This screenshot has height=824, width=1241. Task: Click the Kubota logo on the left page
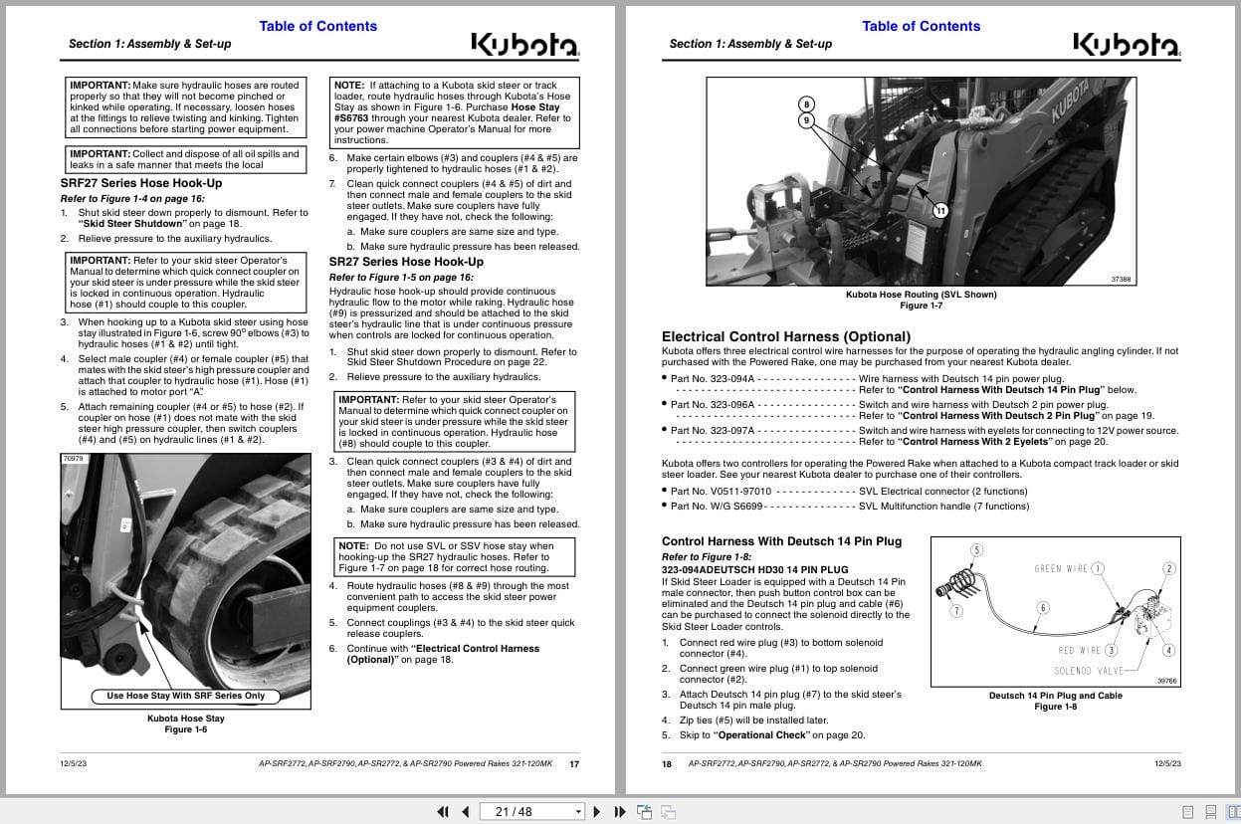click(x=523, y=45)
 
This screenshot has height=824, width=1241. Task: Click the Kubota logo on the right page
click(x=1126, y=45)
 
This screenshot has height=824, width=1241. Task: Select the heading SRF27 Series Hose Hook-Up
click(x=141, y=183)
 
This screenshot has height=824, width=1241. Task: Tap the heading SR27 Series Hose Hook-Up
click(x=406, y=262)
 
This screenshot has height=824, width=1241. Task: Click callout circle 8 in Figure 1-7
click(x=806, y=104)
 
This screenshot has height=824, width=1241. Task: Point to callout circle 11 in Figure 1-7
click(x=940, y=210)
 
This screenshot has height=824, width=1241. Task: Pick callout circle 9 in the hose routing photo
click(x=806, y=121)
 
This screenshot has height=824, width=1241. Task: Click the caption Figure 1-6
click(x=186, y=729)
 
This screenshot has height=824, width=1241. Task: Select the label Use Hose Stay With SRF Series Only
click(x=186, y=696)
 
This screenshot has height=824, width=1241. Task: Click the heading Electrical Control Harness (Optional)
click(x=786, y=336)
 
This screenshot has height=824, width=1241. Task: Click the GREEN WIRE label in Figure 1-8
click(x=1061, y=569)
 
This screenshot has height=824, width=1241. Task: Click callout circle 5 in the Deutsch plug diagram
click(x=976, y=550)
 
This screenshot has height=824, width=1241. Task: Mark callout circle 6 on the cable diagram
click(x=1043, y=608)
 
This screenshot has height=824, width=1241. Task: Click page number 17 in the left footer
click(x=574, y=764)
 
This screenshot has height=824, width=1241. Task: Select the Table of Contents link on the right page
click(x=921, y=26)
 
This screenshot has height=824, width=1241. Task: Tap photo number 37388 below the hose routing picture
click(x=1121, y=280)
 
